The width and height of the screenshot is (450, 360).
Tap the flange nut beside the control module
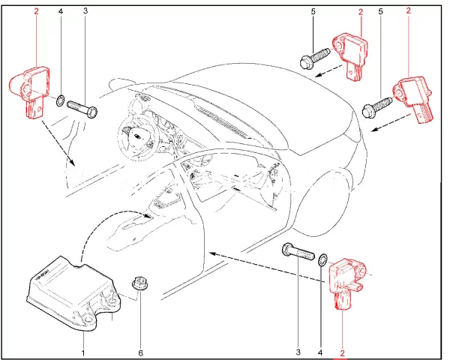138,283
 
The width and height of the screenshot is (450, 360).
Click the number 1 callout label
83,352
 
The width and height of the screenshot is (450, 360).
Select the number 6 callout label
139,352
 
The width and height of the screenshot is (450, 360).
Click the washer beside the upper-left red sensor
60,100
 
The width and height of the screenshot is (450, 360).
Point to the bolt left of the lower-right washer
298,252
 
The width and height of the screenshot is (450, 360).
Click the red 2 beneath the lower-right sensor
343,352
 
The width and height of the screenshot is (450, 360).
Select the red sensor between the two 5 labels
352,53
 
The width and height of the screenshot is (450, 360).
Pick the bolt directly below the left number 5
317,58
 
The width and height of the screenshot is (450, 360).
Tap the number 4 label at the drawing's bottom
321,352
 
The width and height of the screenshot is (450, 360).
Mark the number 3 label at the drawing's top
85,12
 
